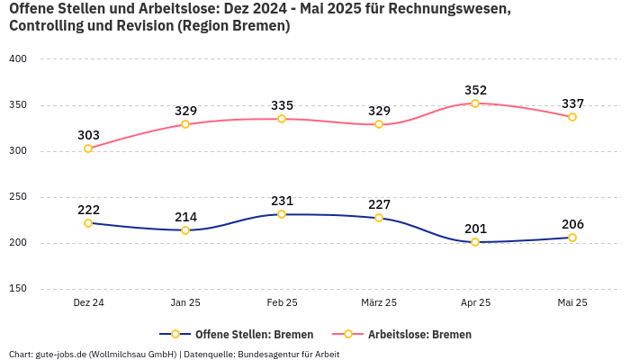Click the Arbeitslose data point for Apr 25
pos(475,103)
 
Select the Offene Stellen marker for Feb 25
pos(282,214)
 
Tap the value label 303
pos(88,135)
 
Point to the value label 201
pos(475,229)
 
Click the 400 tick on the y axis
pos(18,58)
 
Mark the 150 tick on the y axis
pos(18,289)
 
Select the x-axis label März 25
pos(378,303)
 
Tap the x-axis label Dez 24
pos(88,303)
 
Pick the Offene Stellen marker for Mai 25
pos(572,238)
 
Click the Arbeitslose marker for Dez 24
pos(88,148)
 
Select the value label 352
pos(475,90)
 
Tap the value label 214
pos(185,217)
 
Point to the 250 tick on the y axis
pos(18,196)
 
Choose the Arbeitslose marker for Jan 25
pos(185,124)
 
